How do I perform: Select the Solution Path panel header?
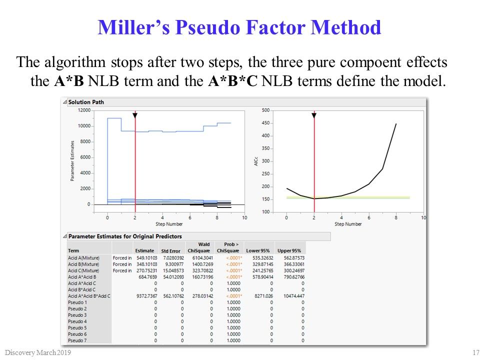(x=86, y=102)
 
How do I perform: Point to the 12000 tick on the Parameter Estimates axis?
(x=83, y=110)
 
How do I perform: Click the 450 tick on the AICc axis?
(x=265, y=123)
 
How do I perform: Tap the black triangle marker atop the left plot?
(x=135, y=115)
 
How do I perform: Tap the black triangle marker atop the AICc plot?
(x=314, y=115)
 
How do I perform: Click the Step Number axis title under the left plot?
(x=176, y=224)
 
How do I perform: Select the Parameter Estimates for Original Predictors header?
(x=125, y=236)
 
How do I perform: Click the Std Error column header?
(x=170, y=250)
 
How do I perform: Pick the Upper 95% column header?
(x=289, y=250)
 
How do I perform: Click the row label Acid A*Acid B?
(x=82, y=276)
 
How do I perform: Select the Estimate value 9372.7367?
(x=145, y=296)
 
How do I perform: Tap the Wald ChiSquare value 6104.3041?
(x=199, y=257)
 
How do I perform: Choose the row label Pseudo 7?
(x=77, y=340)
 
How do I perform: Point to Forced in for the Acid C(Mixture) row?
(x=122, y=270)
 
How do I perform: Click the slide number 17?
(x=475, y=353)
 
